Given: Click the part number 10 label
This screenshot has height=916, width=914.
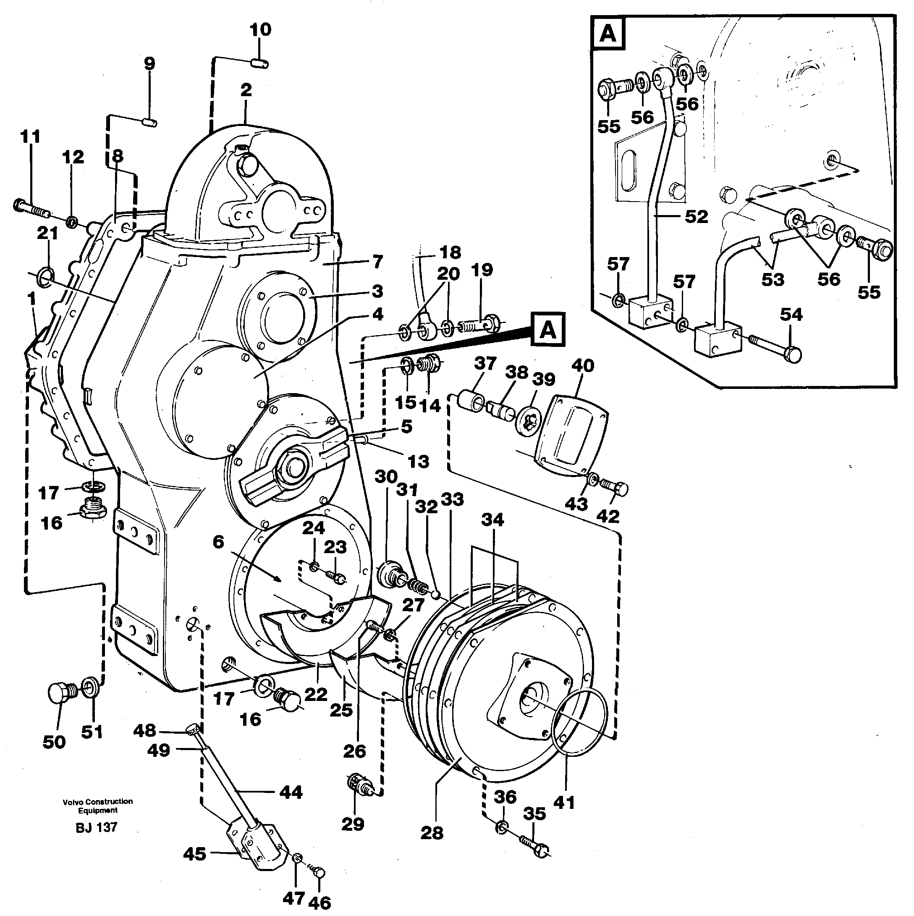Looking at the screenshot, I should (x=260, y=29).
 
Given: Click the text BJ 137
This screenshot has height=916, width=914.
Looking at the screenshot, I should (x=96, y=827).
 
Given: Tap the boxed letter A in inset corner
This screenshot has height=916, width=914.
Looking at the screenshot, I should (x=608, y=34).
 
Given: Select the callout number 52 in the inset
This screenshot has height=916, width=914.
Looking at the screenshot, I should (x=697, y=216).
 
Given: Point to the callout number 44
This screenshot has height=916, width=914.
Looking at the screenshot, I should (x=291, y=792).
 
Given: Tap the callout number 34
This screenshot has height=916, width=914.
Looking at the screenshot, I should (x=492, y=520).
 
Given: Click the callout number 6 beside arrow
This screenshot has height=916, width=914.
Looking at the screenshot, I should (x=218, y=541).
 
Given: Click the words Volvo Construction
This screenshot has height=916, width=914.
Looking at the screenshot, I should (x=98, y=801).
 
